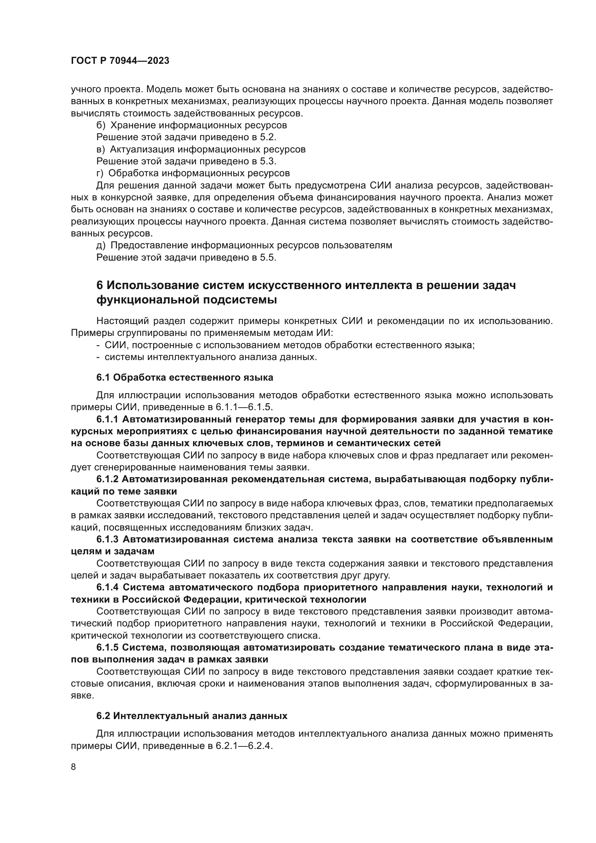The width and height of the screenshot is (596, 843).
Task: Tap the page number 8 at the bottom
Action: pos(74,767)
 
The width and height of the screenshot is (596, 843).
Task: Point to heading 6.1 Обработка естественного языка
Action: pos(184,377)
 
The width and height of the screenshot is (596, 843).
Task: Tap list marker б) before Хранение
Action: pos(101,125)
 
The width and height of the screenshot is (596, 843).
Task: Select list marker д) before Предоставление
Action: pos(101,245)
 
